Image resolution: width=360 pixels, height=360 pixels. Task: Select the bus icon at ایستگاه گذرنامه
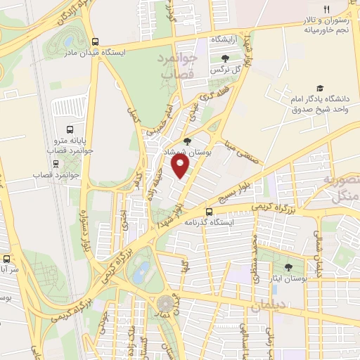click(208, 211)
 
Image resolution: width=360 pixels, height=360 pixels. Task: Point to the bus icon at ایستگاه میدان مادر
click(96, 41)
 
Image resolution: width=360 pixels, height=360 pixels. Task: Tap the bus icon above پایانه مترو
click(70, 129)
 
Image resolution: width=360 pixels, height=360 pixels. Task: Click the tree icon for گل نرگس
click(224, 59)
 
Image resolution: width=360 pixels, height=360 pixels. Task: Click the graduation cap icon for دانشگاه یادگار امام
click(320, 89)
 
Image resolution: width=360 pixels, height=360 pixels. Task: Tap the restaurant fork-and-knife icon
click(326, 8)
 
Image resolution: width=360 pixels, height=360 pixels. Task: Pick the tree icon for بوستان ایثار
click(288, 267)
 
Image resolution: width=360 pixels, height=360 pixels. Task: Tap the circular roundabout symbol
click(165, 304)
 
